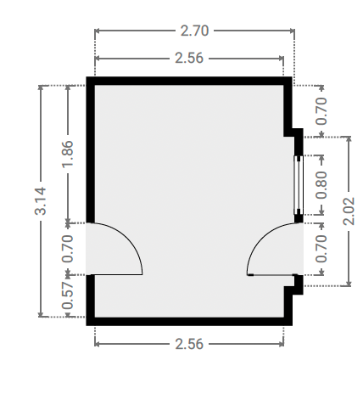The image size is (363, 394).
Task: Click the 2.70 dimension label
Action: point(194,31)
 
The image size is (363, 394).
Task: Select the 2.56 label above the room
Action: point(189,58)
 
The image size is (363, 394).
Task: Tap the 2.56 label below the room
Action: point(189,344)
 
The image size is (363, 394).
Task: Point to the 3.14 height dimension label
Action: point(40,200)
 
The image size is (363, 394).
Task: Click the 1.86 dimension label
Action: point(67,154)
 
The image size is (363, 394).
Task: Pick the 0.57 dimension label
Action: point(67,295)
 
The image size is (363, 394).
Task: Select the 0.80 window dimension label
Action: point(321,185)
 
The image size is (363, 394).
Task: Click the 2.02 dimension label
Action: point(349,211)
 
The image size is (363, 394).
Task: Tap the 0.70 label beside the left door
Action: point(67,249)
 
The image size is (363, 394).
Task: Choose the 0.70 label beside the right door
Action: point(321,249)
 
